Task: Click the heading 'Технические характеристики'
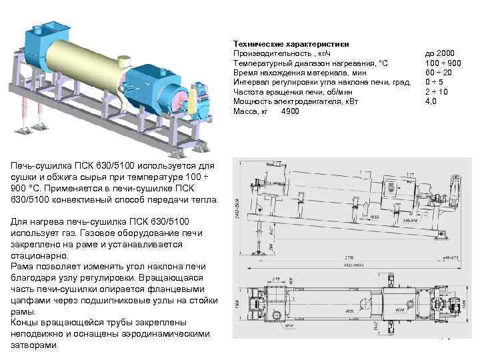[x=282, y=43]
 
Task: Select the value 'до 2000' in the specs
[x=440, y=53]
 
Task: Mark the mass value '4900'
[x=291, y=111]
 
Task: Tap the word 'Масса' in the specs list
[x=245, y=111]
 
